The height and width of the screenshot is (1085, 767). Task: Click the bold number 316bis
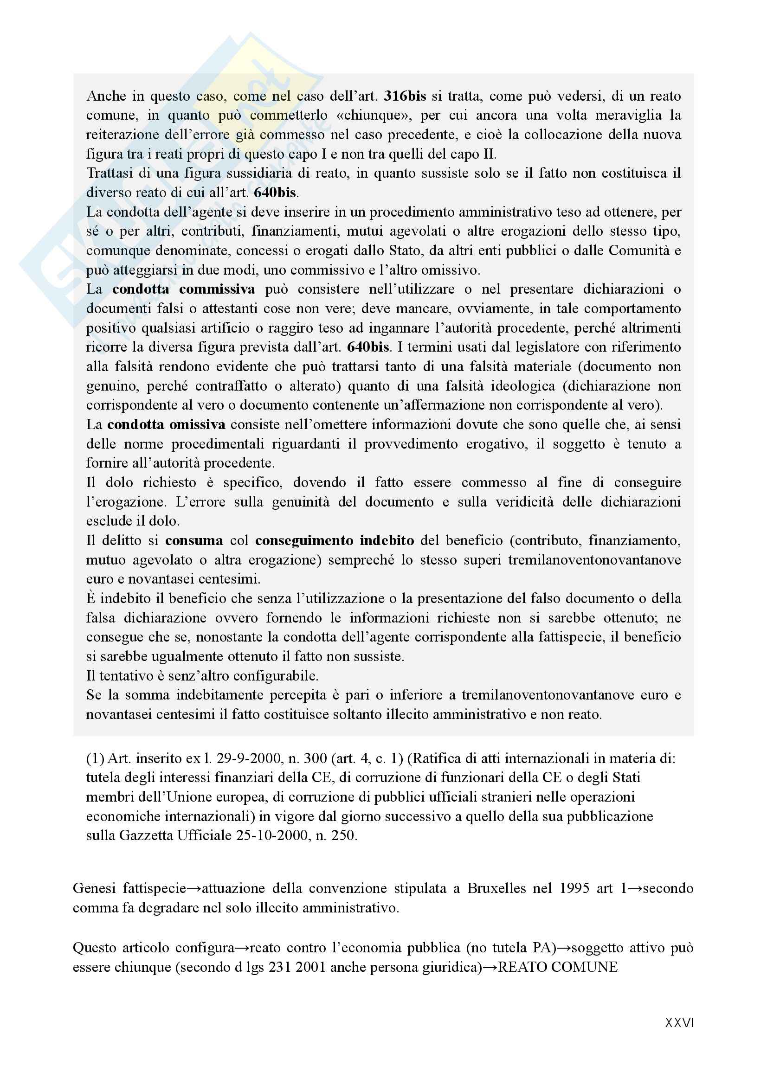coord(405,96)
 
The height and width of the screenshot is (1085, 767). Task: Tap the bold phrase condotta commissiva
coord(183,289)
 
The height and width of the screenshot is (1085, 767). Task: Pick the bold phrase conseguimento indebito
coord(335,540)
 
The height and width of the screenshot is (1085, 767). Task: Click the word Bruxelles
coord(496,888)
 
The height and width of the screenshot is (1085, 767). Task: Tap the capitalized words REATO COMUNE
coord(558,967)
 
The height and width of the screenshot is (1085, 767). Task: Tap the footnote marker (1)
coord(95,758)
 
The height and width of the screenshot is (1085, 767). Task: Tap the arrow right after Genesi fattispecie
coord(194,888)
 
